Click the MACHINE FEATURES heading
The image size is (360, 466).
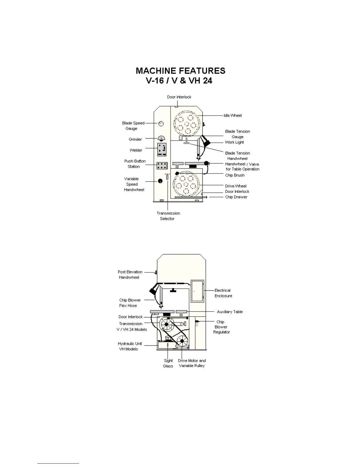click(180, 71)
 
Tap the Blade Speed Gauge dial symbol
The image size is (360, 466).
click(161, 124)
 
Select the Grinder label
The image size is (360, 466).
click(135, 139)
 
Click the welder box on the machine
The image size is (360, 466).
click(162, 149)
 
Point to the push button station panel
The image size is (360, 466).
click(162, 166)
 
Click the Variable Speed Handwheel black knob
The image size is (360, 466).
click(160, 181)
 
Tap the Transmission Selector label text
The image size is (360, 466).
click(168, 216)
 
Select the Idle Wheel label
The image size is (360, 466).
click(233, 116)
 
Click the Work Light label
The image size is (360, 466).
click(234, 142)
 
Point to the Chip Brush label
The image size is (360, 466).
click(235, 175)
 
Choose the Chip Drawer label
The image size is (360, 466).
click(236, 197)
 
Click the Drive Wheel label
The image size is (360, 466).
click(236, 186)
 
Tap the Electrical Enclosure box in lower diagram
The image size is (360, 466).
click(197, 291)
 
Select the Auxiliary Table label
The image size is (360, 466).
click(230, 312)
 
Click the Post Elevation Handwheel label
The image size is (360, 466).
click(130, 275)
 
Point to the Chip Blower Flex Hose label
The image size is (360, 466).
click(130, 303)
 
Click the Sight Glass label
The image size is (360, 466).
click(168, 363)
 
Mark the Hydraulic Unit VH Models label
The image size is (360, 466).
click(130, 346)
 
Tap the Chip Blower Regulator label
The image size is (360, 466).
click(221, 327)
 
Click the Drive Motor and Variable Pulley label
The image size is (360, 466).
click(192, 363)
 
